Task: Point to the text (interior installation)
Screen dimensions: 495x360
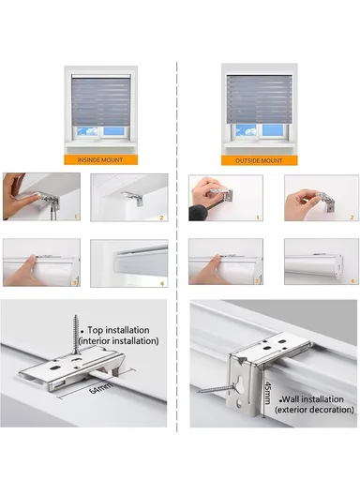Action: point(123,342)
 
